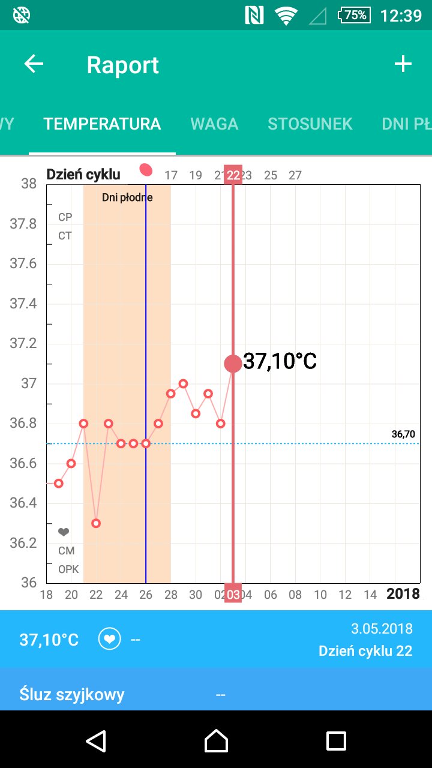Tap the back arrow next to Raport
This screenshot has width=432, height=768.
click(34, 64)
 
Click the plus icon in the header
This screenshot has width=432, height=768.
click(403, 64)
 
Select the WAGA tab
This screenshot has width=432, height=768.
click(214, 124)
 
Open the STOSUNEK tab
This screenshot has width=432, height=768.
click(310, 124)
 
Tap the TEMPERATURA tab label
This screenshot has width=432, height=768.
click(102, 124)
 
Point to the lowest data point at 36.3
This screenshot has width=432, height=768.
click(96, 523)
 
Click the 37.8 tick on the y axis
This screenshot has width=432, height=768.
click(23, 224)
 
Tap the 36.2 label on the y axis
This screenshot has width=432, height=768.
click(23, 543)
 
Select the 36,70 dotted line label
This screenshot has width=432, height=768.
click(403, 434)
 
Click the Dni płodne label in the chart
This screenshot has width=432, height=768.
click(127, 197)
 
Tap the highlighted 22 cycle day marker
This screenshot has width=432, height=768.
click(233, 175)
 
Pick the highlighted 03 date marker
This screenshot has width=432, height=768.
click(233, 595)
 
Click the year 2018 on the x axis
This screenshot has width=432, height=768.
click(403, 594)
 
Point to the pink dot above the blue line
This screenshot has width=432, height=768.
click(146, 170)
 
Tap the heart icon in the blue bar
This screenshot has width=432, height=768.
click(109, 640)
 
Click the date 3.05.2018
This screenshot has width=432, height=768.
click(382, 629)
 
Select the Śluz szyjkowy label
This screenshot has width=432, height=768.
click(72, 695)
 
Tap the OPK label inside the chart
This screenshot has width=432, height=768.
click(68, 569)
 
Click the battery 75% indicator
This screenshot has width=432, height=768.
click(354, 15)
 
